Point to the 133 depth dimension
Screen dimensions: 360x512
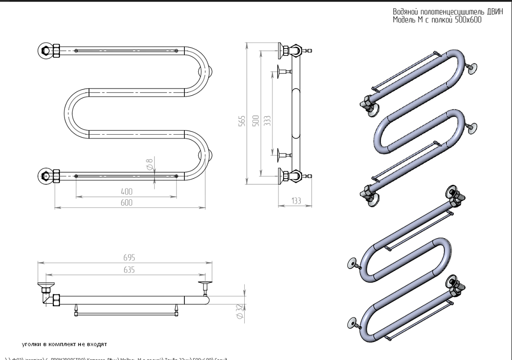pos(295,201)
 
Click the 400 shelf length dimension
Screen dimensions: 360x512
pos(126,191)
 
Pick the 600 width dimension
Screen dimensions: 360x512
pos(126,202)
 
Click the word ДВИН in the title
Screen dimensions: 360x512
pos(474,12)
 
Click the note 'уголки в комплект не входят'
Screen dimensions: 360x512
pos(64,344)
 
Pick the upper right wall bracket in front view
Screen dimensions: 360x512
pos(210,72)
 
